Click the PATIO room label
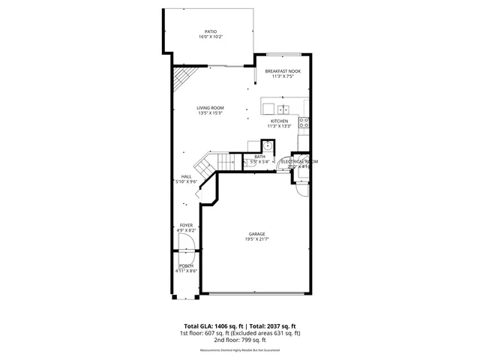[211, 31]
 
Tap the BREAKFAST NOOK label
[282, 70]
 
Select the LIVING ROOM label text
[211, 108]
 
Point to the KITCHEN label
[279, 121]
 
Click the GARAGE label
[257, 233]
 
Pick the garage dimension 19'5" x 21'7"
[257, 239]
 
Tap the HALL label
[185, 176]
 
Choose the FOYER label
[186, 225]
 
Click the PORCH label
[186, 266]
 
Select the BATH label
[259, 156]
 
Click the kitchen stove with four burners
[304, 121]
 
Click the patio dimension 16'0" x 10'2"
[211, 37]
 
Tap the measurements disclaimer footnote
[239, 350]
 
